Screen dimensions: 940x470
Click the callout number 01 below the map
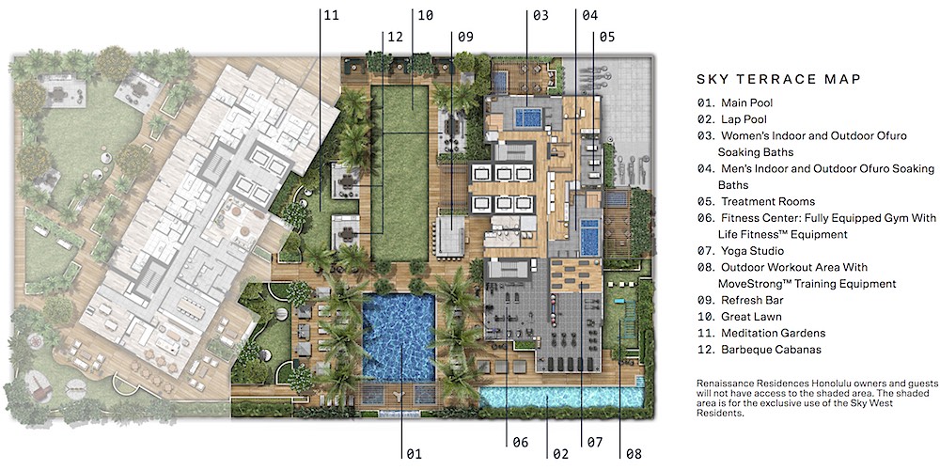(415, 454)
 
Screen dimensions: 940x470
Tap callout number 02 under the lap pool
(560, 454)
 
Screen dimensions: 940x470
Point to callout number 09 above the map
(465, 37)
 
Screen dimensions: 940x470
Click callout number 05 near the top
(606, 37)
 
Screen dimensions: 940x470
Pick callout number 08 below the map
(633, 454)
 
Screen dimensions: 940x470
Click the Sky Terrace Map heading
(778, 79)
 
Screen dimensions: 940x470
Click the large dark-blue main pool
(399, 337)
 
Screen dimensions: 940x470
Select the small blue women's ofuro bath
(527, 117)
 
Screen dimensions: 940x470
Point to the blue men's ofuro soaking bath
(589, 237)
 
